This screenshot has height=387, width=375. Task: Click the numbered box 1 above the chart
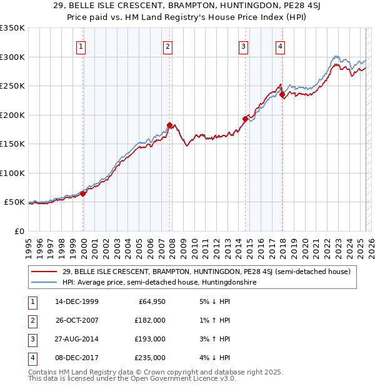tap(82, 46)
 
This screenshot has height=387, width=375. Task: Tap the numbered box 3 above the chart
tap(243, 46)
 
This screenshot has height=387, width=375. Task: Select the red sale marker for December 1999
tap(83, 193)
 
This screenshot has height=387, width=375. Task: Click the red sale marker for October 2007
tap(169, 125)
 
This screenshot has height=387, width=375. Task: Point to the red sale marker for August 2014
tap(245, 119)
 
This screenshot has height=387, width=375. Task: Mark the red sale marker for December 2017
tap(282, 95)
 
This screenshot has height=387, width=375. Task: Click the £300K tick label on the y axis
tap(12, 57)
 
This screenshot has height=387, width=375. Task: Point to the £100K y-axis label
tap(12, 173)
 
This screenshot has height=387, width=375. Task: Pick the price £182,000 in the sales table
tap(150, 320)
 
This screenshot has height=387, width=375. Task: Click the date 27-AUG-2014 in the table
tap(76, 339)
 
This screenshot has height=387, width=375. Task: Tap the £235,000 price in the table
tap(150, 358)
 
